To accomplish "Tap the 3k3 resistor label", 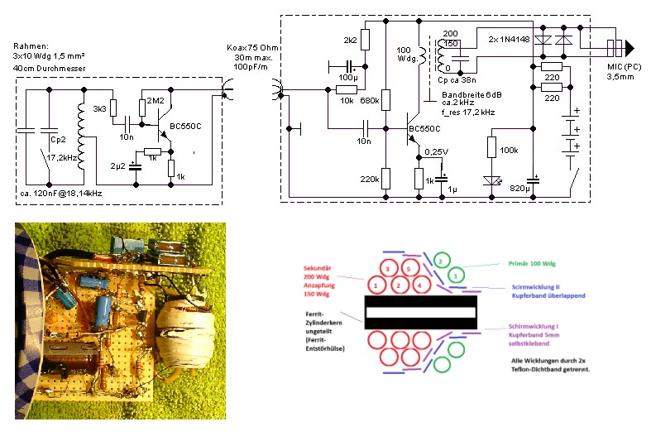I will [99, 108].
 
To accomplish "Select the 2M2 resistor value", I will [156, 101].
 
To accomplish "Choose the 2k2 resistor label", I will [350, 39].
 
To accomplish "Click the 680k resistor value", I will [370, 100].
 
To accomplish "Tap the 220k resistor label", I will [369, 179].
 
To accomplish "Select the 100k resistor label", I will [510, 150].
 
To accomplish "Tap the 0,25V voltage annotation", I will [436, 151].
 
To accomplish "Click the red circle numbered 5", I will [406, 269].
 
